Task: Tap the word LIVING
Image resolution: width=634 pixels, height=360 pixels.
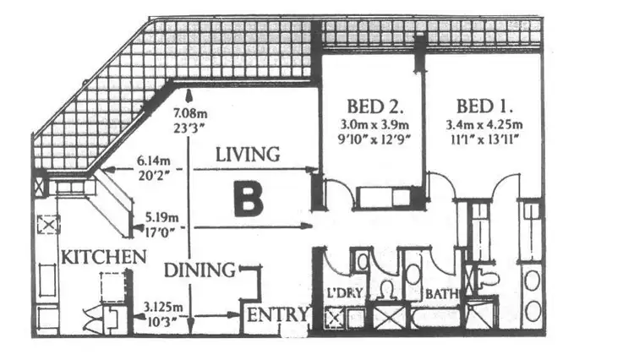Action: [x=247, y=155]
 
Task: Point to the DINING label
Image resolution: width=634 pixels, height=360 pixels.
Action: [x=199, y=270]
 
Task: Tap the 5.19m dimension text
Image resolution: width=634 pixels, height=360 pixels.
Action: [x=157, y=215]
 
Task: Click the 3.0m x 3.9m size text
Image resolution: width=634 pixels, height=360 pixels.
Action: [x=374, y=126]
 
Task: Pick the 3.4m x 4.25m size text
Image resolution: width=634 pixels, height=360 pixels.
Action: [x=484, y=126]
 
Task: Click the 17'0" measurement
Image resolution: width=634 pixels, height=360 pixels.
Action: [x=156, y=228]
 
